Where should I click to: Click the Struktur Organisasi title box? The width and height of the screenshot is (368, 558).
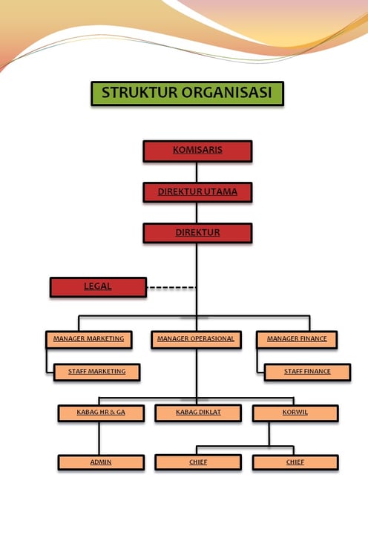point(187,93)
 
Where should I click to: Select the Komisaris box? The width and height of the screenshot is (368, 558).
point(197,151)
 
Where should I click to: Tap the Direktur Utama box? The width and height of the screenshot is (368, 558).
point(197,192)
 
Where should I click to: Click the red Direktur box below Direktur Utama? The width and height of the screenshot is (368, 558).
point(197,233)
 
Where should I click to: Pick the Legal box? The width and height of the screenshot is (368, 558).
point(98,287)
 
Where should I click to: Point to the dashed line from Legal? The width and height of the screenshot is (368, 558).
point(171,287)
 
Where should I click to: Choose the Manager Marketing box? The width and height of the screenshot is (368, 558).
point(88,340)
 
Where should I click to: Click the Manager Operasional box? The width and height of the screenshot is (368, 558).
point(196,340)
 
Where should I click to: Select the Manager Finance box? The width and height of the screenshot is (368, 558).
point(297,340)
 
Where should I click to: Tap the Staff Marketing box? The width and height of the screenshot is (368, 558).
point(96,372)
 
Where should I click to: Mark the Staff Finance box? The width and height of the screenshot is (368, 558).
point(307,372)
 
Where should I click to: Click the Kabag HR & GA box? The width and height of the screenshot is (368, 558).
point(101,413)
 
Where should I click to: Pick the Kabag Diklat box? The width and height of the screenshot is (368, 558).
point(198,413)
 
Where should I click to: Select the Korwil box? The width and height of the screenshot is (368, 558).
point(295,413)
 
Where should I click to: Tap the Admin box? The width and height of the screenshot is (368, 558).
point(101,462)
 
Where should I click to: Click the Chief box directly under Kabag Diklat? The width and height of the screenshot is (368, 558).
point(198,462)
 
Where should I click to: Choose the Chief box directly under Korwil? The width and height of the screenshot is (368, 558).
point(295,462)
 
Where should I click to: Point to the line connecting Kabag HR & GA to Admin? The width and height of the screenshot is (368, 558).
point(99,439)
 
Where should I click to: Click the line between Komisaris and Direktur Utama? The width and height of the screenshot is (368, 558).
point(197,172)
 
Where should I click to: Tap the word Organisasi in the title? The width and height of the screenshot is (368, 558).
point(228,93)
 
